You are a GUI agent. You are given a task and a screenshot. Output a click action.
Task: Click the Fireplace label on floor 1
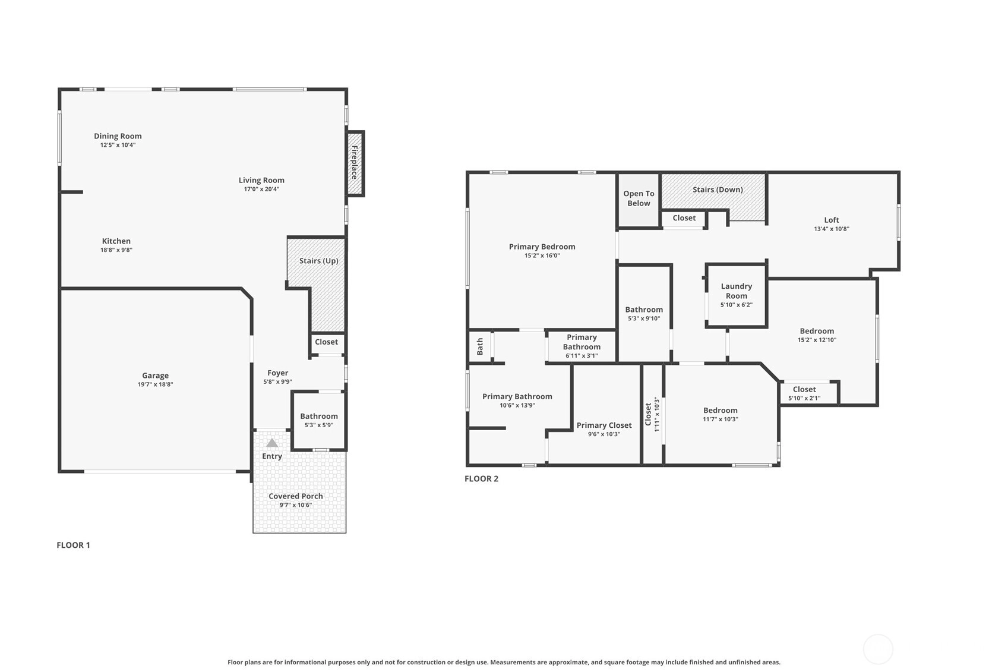[355, 162]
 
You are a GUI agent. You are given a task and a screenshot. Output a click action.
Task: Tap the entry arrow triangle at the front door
[272, 443]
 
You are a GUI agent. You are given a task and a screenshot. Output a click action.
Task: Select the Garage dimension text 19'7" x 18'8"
[155, 384]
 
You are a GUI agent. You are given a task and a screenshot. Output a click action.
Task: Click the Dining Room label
[118, 136]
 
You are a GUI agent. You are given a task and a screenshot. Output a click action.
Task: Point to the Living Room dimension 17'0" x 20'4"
[261, 189]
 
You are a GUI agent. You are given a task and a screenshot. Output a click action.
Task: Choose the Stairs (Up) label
[318, 261]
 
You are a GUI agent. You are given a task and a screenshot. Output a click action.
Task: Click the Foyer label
[277, 373]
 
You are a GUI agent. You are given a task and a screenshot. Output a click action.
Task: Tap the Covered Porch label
[296, 496]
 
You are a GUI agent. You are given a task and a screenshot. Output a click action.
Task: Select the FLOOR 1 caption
[73, 545]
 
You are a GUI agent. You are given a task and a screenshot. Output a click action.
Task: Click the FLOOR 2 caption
[482, 478]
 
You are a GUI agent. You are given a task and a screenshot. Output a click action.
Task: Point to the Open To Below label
[639, 198]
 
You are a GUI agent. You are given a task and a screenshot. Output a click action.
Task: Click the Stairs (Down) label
[718, 190]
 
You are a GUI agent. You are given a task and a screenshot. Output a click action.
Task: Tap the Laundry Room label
[736, 291]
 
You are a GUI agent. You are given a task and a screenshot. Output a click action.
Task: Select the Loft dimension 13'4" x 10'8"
[832, 229]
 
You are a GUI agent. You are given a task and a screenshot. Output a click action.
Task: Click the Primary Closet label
[604, 425]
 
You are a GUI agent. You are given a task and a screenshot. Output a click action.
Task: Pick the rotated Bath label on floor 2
[480, 346]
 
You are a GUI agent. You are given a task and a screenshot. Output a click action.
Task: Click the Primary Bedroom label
[542, 247]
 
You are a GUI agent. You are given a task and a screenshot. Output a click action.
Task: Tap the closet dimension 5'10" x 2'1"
[804, 398]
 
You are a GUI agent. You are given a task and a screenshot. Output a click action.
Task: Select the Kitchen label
[116, 241]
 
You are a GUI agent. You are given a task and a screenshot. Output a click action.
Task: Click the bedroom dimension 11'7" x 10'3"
[721, 419]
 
